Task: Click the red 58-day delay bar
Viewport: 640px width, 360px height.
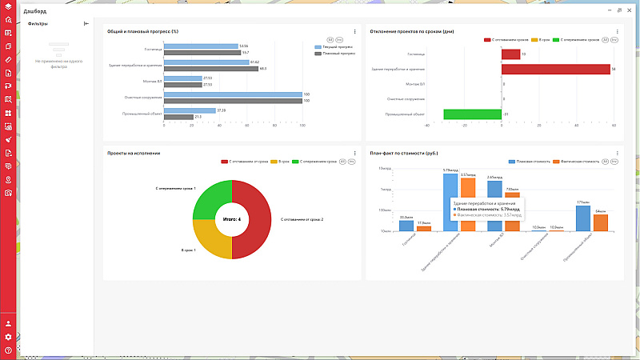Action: click(556, 70)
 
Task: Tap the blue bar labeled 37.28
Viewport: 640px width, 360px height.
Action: click(190, 110)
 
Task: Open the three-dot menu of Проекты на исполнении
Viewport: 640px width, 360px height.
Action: click(354, 153)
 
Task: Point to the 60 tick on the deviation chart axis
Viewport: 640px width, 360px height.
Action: click(614, 126)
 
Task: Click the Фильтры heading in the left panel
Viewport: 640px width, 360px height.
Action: click(38, 24)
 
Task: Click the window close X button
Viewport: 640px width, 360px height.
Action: click(630, 9)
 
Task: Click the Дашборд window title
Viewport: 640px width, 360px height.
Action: click(34, 10)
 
